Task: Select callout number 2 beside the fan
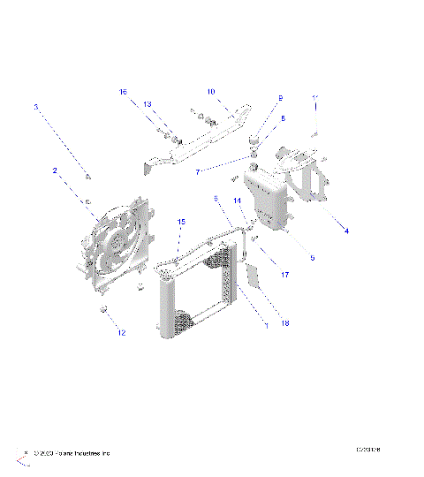pos(54,170)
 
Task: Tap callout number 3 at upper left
pos(35,107)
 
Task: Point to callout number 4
pos(346,231)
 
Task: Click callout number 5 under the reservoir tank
pos(312,258)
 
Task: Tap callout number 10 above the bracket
pos(211,91)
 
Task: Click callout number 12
pos(122,333)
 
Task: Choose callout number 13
pos(148,104)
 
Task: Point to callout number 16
pos(124,91)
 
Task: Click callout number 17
pos(285,275)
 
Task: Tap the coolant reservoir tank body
pos(266,199)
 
